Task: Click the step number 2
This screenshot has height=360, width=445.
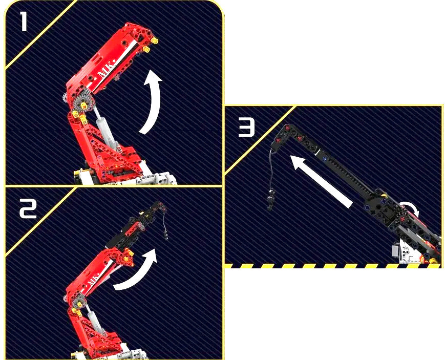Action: click(28, 208)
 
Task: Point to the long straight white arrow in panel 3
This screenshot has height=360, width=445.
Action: click(322, 182)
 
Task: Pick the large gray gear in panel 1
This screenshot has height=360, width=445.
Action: click(82, 105)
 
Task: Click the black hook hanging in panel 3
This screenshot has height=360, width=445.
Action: click(271, 199)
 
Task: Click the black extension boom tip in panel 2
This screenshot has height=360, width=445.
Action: click(159, 207)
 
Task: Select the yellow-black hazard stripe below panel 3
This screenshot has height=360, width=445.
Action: click(333, 266)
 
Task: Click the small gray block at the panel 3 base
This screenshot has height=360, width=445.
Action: click(395, 251)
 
